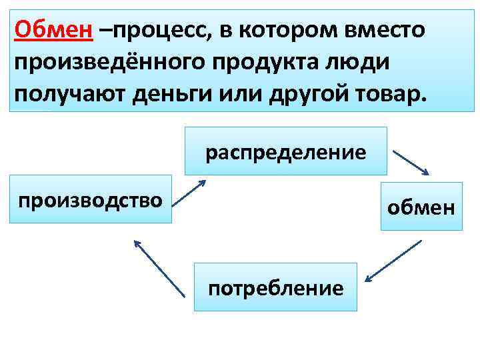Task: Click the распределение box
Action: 285,152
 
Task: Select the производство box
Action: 91,199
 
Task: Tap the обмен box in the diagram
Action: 421,206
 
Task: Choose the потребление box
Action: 275,287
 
